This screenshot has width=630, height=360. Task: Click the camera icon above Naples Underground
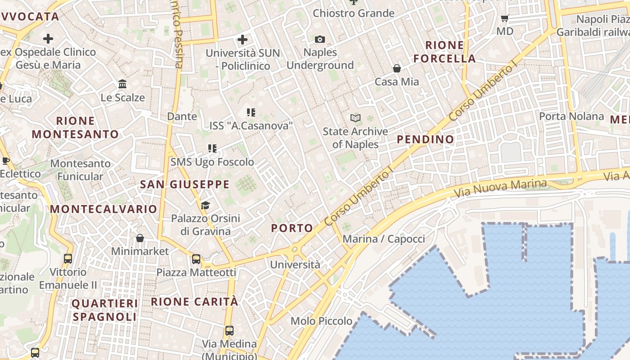(x=320, y=40)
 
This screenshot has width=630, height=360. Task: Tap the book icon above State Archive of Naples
(x=355, y=118)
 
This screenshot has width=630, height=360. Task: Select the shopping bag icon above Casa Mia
(x=397, y=68)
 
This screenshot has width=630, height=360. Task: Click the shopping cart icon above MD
(x=505, y=18)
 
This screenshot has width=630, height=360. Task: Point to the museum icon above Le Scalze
(x=122, y=84)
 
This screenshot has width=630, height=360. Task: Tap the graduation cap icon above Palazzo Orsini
(x=205, y=206)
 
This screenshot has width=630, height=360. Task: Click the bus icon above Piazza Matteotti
(x=196, y=259)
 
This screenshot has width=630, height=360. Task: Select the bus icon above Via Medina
(x=229, y=331)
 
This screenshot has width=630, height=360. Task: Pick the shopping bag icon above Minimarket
(x=140, y=238)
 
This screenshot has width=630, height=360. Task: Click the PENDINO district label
(x=425, y=139)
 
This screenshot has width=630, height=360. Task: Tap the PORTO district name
(x=292, y=228)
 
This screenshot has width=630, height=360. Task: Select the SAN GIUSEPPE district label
(x=185, y=184)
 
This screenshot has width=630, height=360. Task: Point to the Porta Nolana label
(x=571, y=116)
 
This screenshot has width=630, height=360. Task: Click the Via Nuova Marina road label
(x=500, y=189)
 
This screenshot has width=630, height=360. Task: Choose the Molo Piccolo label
(x=321, y=321)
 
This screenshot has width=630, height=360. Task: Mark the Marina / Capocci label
(x=384, y=238)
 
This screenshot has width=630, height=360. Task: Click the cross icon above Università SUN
(x=243, y=40)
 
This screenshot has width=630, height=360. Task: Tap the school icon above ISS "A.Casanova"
(x=251, y=112)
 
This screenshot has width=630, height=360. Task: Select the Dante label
(x=182, y=116)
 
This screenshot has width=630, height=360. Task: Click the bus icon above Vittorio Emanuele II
(x=68, y=259)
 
